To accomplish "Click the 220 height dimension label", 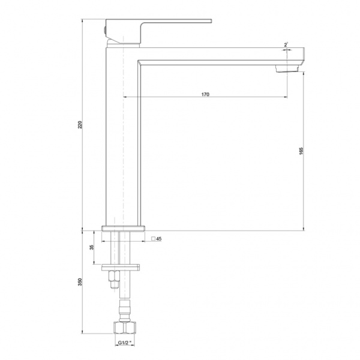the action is point(80,125).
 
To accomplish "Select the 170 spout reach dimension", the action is point(205,94).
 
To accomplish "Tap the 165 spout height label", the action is point(301,151).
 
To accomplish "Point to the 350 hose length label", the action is point(80,282).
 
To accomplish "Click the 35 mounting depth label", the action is point(92,247).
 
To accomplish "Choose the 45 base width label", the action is point(158,239).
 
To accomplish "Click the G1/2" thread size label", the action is point(125,343).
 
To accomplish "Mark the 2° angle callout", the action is point(286,45).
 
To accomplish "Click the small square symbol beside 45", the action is point(153,239).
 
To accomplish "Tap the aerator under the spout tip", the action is point(287,68).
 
